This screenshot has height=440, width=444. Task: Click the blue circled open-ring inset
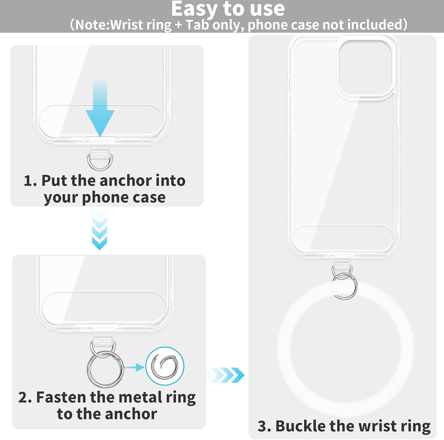165,366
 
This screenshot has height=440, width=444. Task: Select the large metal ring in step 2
89,369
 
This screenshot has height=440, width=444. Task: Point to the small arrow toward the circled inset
133,368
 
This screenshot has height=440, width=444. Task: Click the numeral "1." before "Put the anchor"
30,181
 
